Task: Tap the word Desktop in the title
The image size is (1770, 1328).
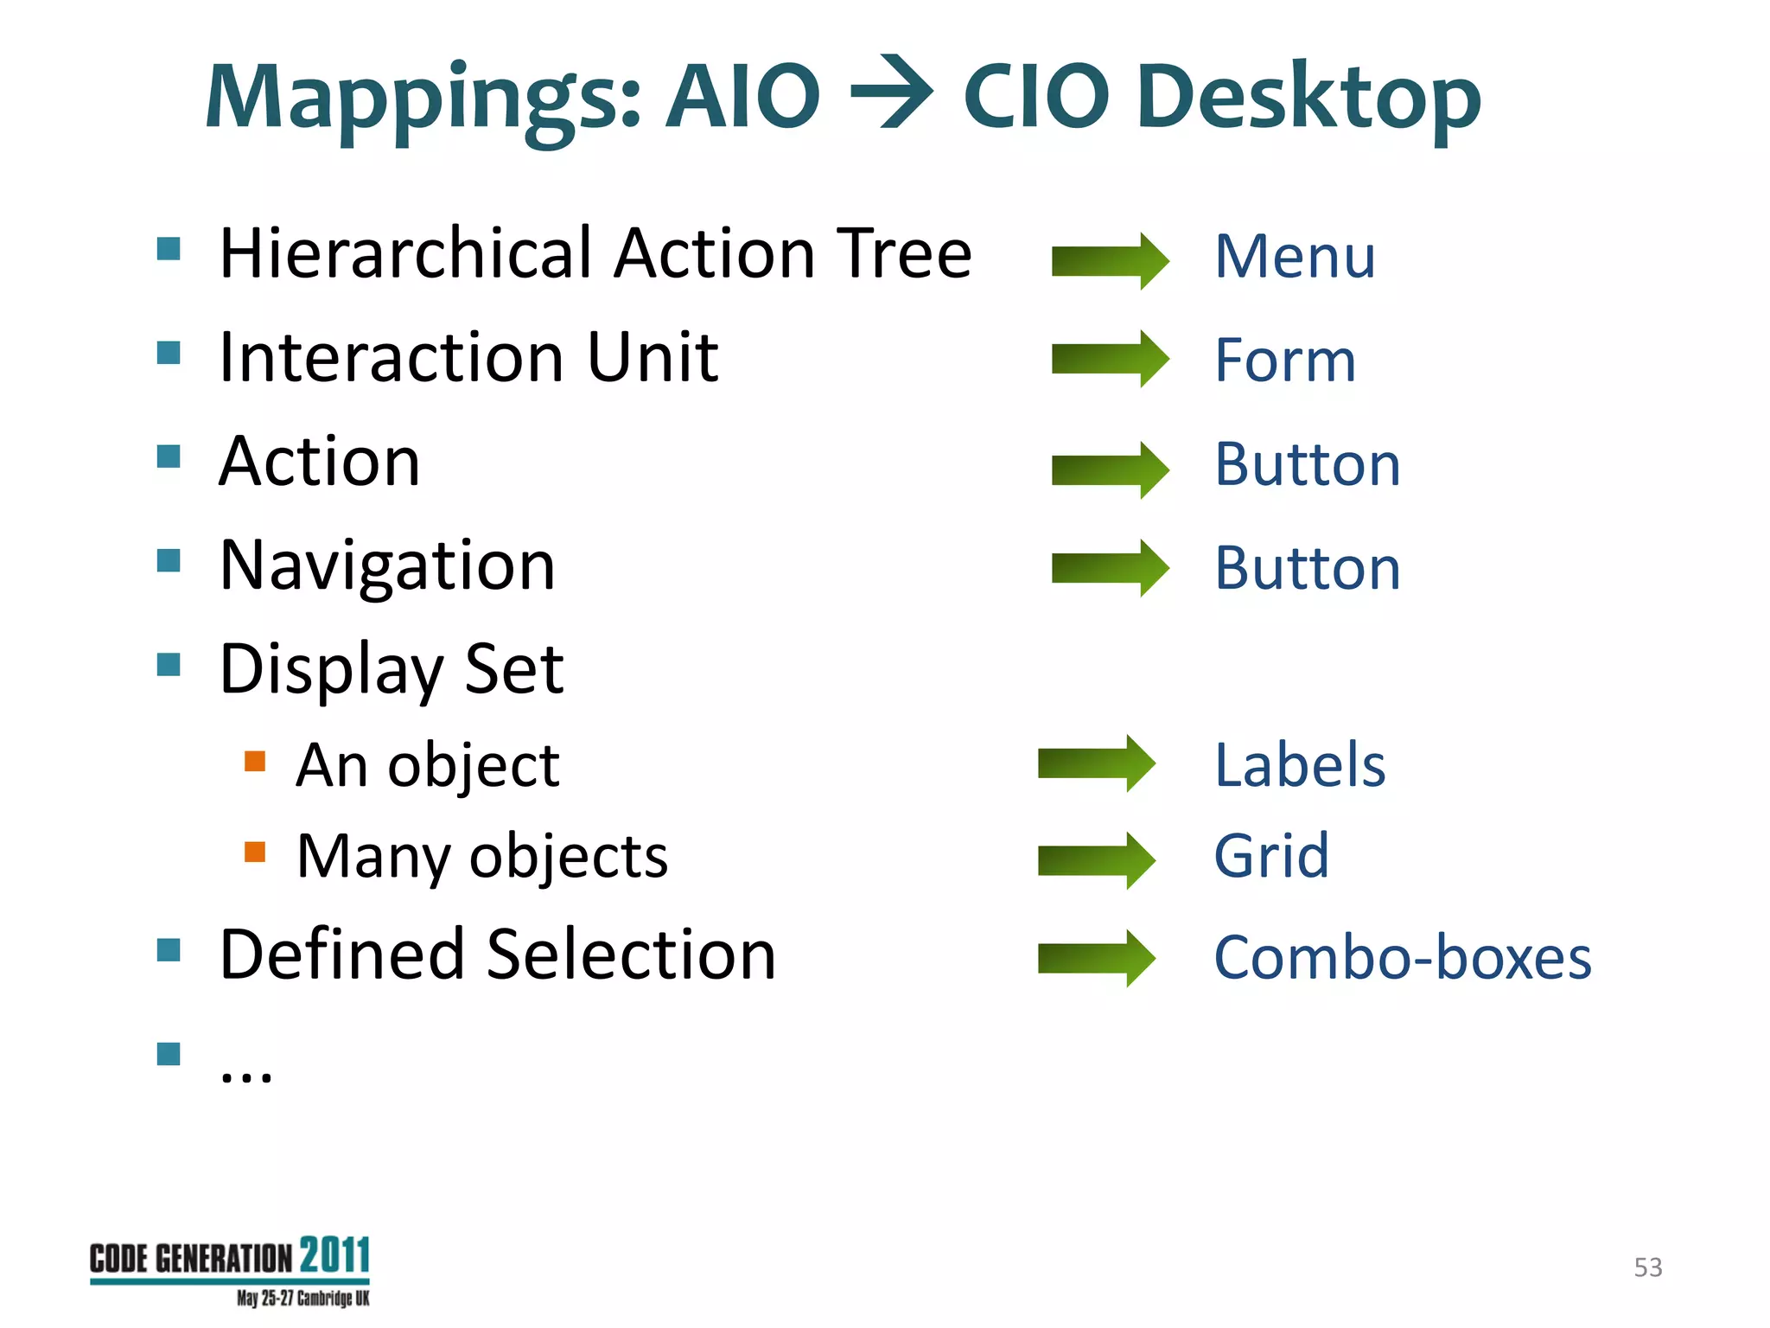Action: pos(1308,97)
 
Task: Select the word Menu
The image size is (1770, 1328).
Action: pos(1295,257)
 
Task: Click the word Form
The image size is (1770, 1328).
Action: pos(1285,361)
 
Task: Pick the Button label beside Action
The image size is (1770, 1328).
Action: pos(1307,464)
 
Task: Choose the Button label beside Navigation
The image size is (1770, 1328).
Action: pos(1307,568)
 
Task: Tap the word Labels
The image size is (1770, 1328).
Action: pos(1300,765)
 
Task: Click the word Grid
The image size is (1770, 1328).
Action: pos(1271,856)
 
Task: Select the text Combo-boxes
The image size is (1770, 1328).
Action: pos(1402,958)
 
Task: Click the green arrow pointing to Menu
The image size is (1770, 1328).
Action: pos(1110,260)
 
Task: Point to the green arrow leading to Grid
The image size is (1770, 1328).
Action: pos(1096,860)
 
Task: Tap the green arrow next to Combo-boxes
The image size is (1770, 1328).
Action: pos(1096,958)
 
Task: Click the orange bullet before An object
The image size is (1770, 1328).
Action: pos(255,761)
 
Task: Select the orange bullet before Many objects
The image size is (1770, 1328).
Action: pos(255,852)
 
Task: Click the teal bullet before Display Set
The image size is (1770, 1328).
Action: pos(169,665)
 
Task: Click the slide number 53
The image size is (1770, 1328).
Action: pos(1647,1267)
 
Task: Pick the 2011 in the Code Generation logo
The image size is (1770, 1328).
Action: pos(335,1255)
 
